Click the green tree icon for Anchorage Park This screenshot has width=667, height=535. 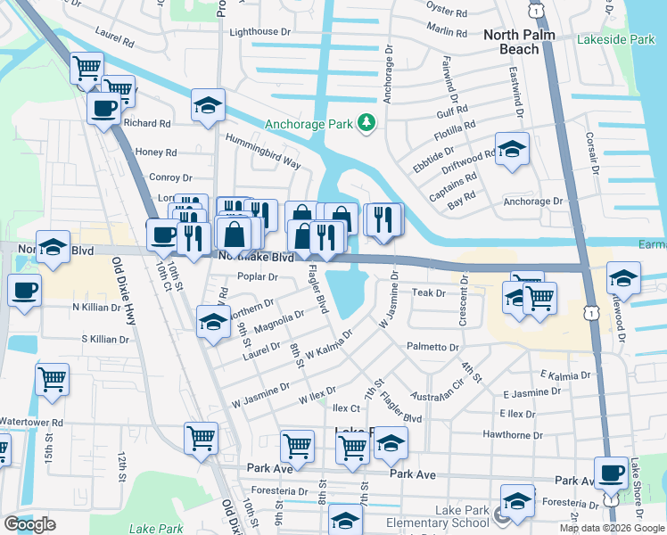(365, 123)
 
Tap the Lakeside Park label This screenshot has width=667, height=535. (615, 40)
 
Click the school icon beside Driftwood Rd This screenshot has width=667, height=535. (513, 148)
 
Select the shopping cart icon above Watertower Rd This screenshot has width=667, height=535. (52, 378)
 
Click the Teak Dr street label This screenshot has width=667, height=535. (428, 292)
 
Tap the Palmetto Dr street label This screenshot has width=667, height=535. (432, 347)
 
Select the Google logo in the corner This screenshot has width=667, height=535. (29, 524)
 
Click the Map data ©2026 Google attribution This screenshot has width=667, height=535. (612, 528)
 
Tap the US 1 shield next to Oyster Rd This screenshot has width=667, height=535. (535, 9)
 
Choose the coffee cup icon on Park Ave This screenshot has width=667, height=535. (611, 472)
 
